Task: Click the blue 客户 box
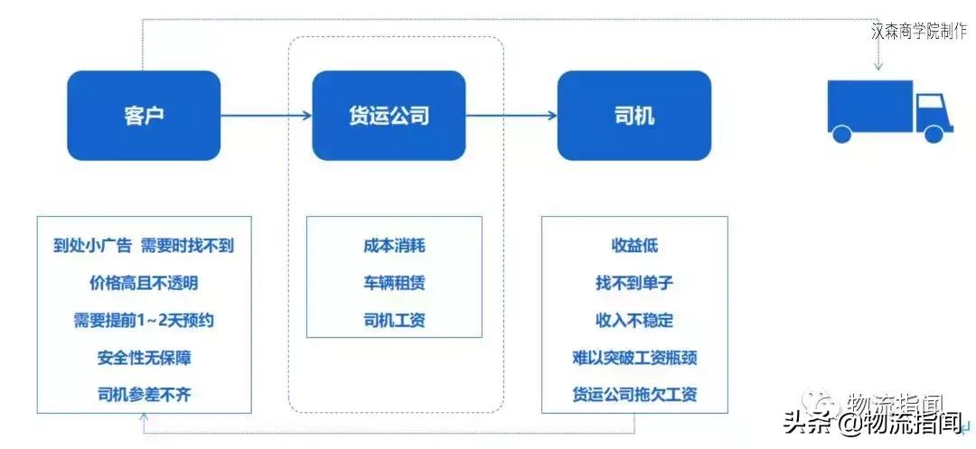(x=144, y=116)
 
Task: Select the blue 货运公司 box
(x=389, y=116)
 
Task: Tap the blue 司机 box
(x=634, y=116)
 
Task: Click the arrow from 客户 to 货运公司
(x=267, y=115)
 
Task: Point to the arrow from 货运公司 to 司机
(x=511, y=115)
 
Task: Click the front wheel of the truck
(x=934, y=135)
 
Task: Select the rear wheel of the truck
(x=841, y=135)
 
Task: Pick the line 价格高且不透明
(x=144, y=284)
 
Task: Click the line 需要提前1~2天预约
(x=144, y=321)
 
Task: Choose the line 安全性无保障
(x=144, y=358)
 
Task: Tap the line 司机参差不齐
(x=144, y=395)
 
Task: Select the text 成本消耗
(x=394, y=247)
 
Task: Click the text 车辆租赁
(x=394, y=284)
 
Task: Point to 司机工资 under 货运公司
(x=394, y=321)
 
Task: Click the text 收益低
(x=634, y=247)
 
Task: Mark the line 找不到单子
(x=634, y=284)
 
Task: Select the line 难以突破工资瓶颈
(x=634, y=358)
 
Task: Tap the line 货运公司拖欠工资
(x=634, y=395)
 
